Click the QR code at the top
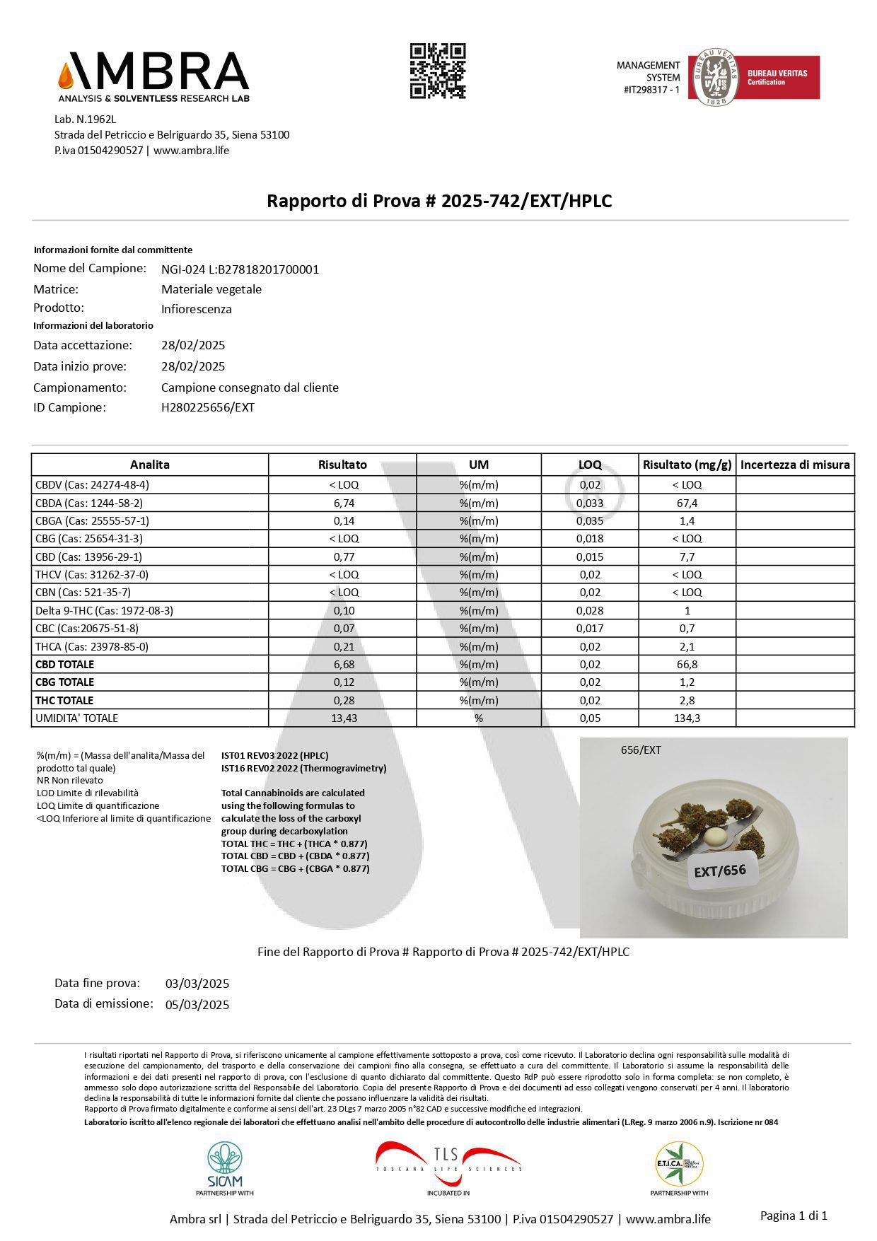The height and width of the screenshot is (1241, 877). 438,71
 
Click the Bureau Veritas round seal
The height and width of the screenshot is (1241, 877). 714,77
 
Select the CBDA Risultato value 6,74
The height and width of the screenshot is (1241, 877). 343,503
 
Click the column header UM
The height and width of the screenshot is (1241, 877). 479,465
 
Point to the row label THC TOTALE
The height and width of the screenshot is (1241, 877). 64,700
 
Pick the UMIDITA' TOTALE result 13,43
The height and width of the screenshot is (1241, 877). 343,718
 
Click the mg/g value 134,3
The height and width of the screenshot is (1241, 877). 687,718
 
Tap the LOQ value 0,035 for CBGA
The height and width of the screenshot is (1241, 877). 590,520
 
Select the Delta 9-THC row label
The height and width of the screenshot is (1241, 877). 104,610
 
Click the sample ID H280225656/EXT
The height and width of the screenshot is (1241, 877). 208,407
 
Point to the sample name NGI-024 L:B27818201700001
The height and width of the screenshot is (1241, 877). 240,269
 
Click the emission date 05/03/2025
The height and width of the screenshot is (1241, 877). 197,1004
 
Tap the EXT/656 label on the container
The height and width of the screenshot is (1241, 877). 719,870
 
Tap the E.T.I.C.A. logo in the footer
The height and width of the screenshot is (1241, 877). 679,1163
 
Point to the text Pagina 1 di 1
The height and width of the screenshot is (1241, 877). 794,1215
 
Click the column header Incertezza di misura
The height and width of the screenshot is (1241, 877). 795,465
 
